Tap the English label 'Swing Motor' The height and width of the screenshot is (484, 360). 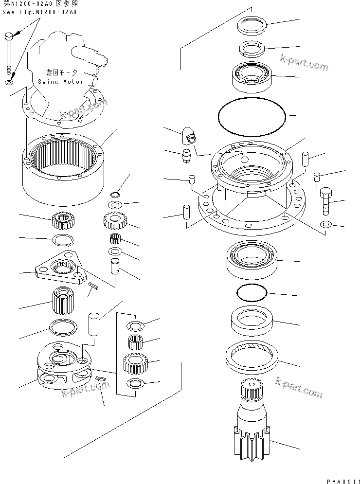point(61,82)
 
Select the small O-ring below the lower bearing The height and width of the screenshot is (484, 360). point(252,293)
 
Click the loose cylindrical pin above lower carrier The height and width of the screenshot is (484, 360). point(94,323)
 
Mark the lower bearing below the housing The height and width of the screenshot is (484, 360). point(251,258)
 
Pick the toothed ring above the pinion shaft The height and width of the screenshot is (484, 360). point(251,355)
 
